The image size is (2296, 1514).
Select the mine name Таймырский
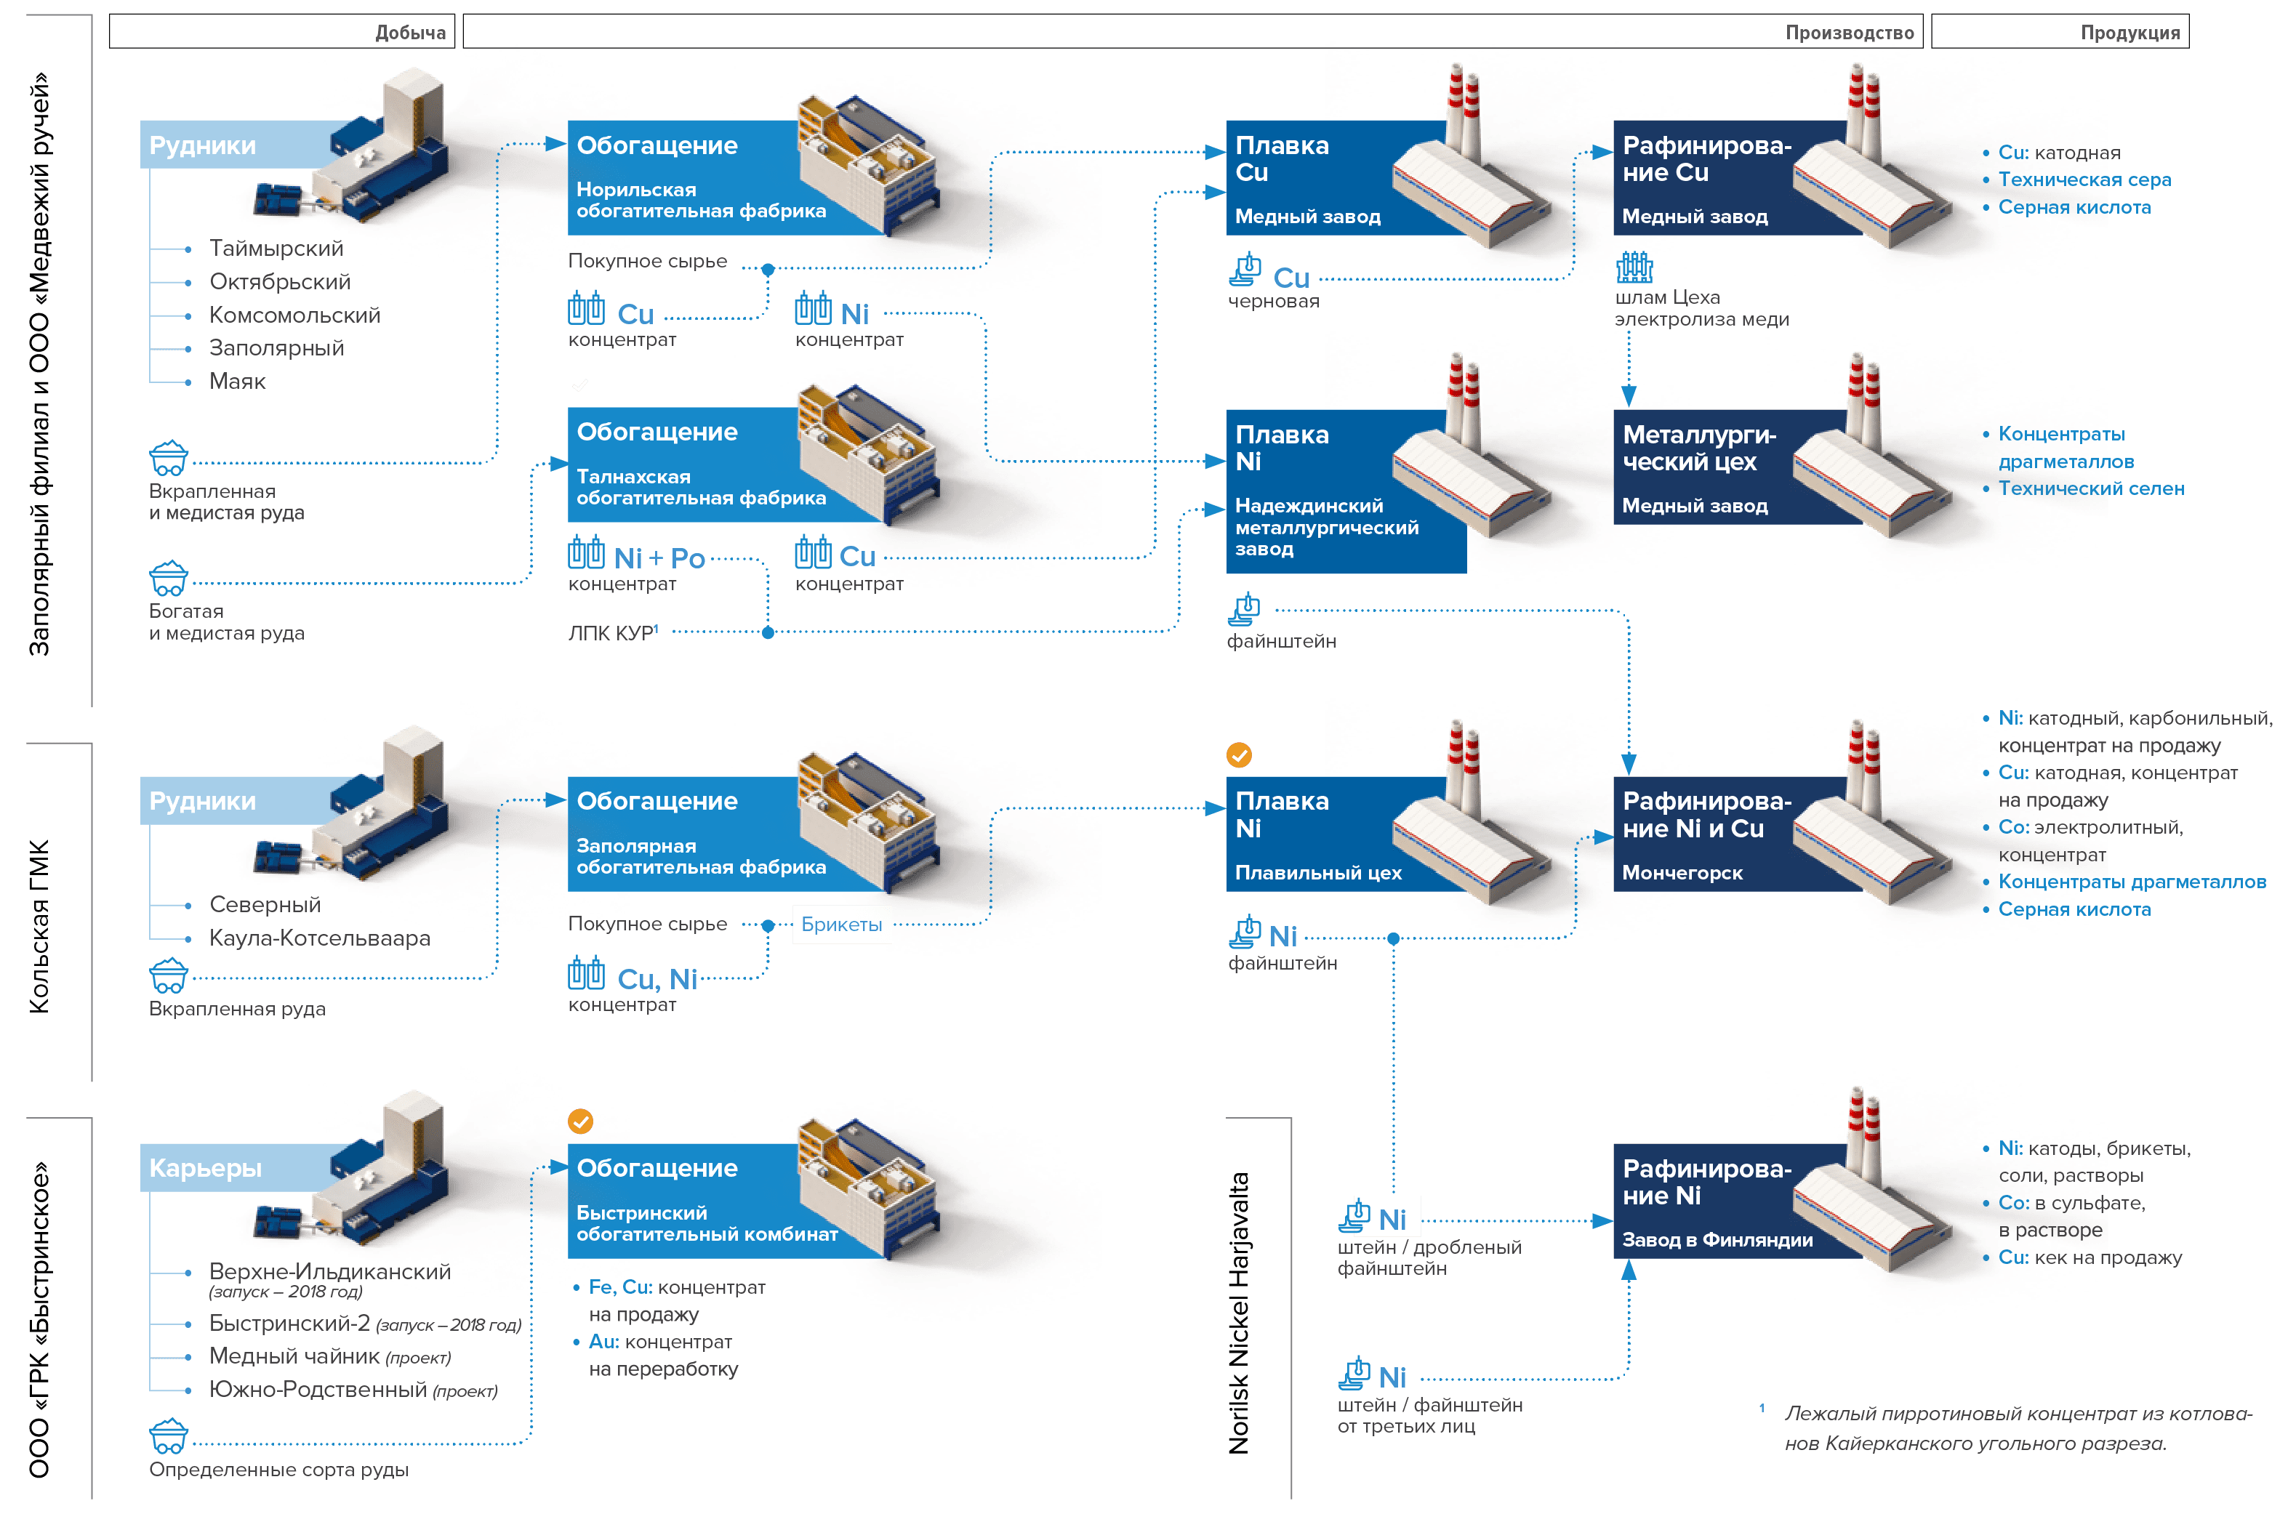coord(276,249)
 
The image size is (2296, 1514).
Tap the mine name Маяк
coord(238,382)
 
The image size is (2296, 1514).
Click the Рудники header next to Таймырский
coord(203,146)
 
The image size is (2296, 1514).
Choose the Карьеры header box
coord(206,1168)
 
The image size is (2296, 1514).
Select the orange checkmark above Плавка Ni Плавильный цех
coord(1238,755)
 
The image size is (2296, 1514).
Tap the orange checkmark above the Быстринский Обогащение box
coord(579,1121)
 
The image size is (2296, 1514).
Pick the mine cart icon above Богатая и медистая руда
coord(169,579)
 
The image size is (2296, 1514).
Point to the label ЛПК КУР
coord(612,633)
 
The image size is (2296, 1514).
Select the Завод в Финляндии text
coord(1717,1240)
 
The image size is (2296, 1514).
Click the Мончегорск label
coord(1682,873)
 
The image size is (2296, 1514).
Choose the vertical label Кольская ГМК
coord(39,927)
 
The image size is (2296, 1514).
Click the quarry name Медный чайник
coord(294,1356)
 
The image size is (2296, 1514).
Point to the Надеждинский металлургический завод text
coord(1326,527)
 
